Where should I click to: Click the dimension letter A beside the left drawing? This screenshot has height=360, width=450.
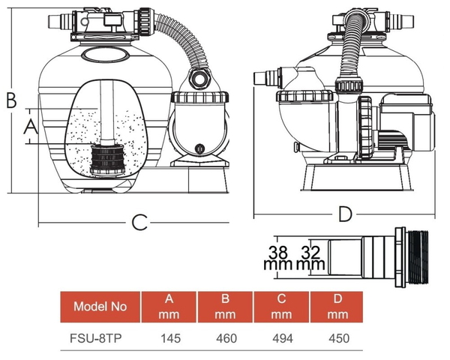tap(31, 128)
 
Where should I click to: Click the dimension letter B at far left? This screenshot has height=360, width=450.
tap(10, 99)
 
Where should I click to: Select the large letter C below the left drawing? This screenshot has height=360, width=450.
tap(138, 222)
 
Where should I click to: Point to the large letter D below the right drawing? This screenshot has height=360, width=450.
tap(344, 215)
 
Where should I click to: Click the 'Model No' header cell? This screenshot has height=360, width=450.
tap(100, 306)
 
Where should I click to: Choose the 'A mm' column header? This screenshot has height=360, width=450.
tap(169, 306)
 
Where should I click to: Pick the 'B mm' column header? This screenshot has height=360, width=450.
tap(226, 306)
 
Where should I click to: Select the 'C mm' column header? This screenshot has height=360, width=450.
tap(281, 306)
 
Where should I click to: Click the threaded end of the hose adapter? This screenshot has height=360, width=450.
tap(420, 256)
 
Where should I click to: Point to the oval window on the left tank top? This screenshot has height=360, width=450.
tap(106, 55)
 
